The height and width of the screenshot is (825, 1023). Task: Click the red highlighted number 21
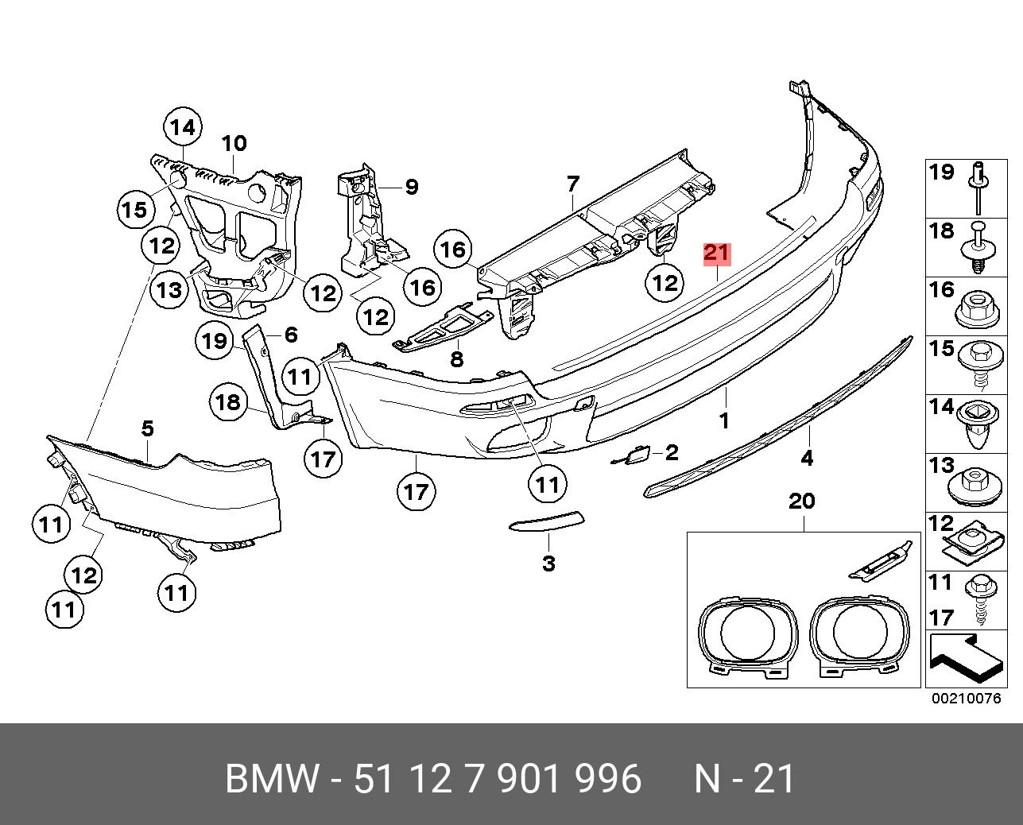tap(715, 254)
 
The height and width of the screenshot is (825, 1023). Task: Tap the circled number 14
tap(182, 127)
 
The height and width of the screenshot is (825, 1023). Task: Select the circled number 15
tap(134, 210)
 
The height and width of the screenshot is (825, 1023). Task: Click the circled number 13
tap(169, 290)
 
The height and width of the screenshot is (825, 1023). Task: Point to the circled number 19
tap(214, 342)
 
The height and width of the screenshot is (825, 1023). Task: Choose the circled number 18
tap(227, 402)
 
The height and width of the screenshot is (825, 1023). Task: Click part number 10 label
tap(234, 144)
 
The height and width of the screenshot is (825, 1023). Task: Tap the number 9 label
tap(411, 187)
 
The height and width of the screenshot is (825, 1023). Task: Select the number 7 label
tap(573, 184)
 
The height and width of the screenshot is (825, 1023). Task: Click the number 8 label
tap(456, 359)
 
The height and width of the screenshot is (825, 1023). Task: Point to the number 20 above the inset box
tap(802, 502)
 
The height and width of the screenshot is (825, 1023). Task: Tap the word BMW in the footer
tap(273, 779)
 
